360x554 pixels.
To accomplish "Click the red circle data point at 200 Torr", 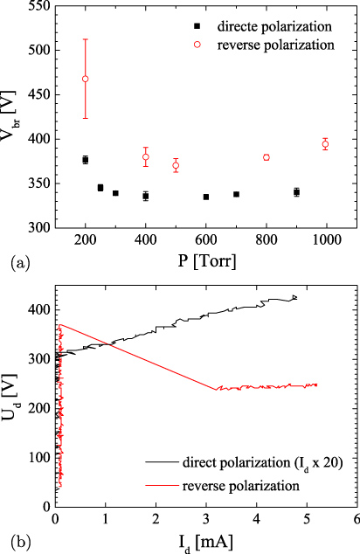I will click(x=86, y=79).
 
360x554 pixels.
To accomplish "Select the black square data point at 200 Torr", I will click(x=86, y=160).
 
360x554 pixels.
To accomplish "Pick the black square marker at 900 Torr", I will click(x=296, y=192).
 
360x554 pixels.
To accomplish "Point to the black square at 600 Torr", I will click(x=206, y=197).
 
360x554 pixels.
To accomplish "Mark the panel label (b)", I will click(x=15, y=540).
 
